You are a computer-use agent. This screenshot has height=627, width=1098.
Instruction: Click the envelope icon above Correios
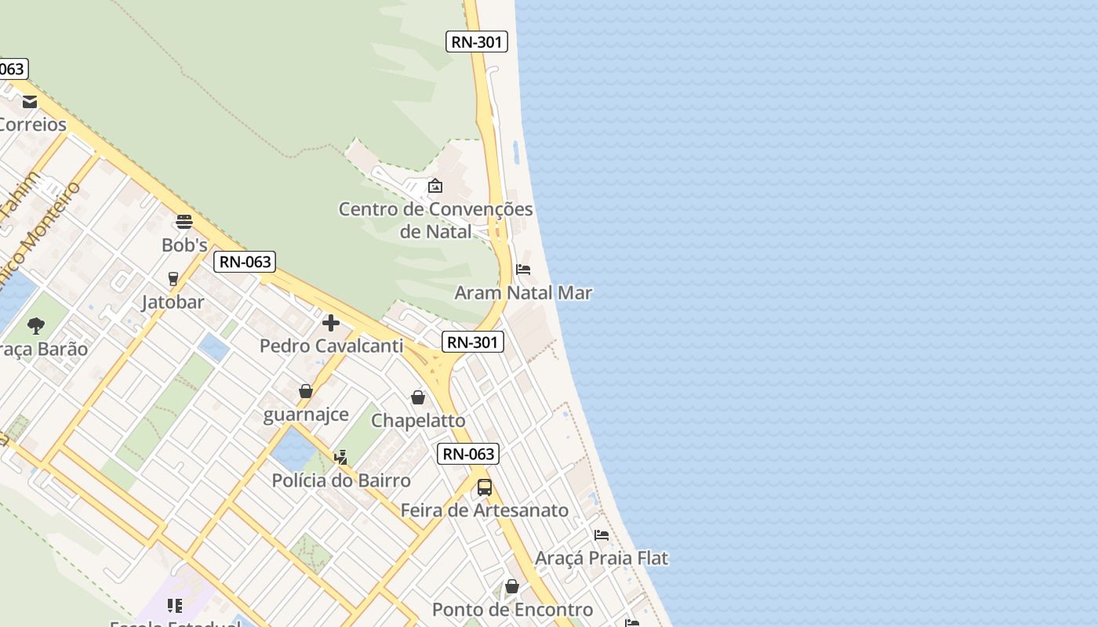click(30, 102)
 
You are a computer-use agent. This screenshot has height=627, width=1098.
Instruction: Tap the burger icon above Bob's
click(184, 222)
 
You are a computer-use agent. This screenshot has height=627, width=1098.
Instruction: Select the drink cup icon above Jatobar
click(173, 278)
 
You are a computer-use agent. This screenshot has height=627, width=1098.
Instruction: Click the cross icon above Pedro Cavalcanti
click(331, 322)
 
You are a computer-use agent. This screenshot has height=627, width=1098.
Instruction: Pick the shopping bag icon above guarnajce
click(306, 390)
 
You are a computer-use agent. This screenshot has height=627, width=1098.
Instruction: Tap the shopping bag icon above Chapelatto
click(418, 397)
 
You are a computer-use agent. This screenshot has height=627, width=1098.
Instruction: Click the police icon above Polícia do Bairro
click(341, 457)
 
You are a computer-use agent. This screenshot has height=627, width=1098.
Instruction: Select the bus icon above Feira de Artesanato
click(485, 487)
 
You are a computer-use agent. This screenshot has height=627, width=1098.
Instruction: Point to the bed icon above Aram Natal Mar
click(523, 270)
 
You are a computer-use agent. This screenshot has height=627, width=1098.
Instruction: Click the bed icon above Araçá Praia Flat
click(602, 535)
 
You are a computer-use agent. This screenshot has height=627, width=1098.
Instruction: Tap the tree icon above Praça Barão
click(35, 325)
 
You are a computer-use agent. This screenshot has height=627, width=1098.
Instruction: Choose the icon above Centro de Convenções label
click(435, 186)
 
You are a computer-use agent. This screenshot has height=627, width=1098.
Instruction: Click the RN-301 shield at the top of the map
click(477, 42)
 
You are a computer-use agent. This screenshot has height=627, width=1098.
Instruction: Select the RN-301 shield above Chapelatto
click(472, 342)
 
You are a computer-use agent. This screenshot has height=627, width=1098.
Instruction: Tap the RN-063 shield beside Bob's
click(245, 262)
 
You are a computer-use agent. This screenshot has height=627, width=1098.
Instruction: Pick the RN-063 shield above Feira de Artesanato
click(468, 453)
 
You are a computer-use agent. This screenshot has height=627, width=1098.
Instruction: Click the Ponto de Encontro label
click(512, 610)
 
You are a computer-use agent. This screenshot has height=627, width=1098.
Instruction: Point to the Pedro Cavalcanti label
click(331, 346)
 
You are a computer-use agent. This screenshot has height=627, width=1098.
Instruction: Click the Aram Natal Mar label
click(523, 293)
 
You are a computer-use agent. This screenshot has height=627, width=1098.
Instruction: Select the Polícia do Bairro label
click(341, 480)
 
